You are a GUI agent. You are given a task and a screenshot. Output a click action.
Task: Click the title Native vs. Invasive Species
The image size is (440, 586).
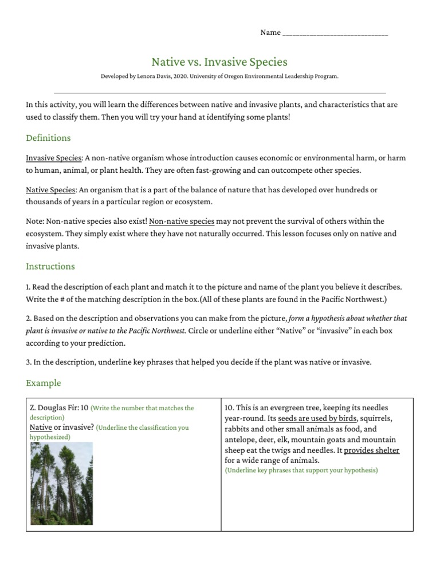219,62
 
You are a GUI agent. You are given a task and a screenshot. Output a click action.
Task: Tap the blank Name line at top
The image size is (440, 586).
335,33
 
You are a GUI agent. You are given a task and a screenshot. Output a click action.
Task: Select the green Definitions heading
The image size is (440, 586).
48,138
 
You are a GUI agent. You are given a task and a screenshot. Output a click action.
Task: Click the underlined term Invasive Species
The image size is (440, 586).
54,158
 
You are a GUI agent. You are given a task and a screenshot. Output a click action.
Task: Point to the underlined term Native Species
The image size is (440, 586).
50,189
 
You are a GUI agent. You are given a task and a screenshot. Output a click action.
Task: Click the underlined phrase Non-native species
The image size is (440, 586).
182,221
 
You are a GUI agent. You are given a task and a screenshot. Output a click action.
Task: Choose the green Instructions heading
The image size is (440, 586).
50,266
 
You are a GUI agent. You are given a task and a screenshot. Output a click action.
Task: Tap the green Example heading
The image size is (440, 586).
44,383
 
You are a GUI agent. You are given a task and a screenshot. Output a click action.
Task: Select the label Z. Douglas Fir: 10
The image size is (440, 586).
59,408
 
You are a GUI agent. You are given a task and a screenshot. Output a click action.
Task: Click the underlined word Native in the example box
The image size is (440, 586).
40,427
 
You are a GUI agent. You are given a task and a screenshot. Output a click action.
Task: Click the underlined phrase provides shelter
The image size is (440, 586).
371,450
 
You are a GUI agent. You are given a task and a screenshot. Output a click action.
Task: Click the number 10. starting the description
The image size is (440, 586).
230,408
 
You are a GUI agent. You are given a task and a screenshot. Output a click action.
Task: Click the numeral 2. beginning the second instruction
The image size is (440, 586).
29,318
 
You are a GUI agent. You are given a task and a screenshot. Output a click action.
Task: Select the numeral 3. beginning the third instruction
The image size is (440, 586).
29,362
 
